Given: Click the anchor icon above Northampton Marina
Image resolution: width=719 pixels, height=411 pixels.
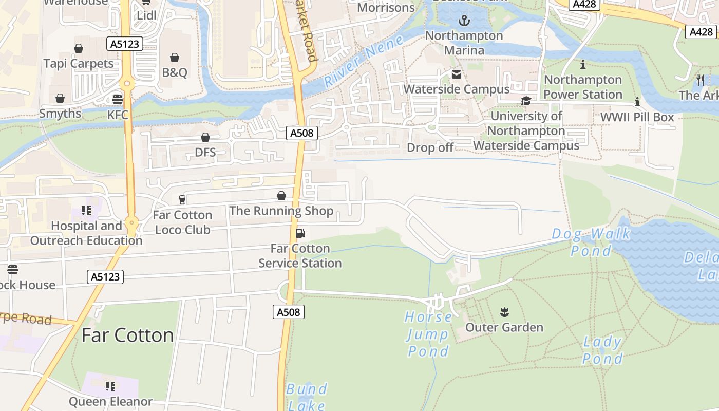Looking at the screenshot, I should [464, 21].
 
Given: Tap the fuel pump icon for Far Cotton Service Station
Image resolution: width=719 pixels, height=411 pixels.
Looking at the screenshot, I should [300, 233].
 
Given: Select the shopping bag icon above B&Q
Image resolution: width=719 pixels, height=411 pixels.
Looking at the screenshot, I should [175, 57].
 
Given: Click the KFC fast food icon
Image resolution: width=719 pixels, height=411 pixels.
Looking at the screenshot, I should [118, 99].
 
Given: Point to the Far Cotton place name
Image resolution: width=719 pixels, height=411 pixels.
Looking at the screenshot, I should [127, 335].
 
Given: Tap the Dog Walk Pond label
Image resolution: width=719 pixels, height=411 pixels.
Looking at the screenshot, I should [591, 242].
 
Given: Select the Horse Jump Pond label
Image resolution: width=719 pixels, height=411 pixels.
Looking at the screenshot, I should [428, 334].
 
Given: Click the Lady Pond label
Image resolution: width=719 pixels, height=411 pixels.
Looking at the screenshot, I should [603, 350].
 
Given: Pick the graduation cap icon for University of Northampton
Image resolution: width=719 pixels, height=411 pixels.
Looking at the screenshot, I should [526, 101].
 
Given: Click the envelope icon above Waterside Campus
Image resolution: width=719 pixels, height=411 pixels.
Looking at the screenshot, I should [457, 74].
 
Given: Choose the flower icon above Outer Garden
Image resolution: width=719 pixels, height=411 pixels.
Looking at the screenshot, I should [504, 312].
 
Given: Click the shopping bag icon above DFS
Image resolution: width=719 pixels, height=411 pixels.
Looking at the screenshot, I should [205, 137].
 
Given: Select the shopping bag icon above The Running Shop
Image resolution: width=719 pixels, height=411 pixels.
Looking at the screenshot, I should [281, 196].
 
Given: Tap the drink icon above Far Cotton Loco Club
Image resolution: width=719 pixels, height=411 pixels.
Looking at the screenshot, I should [182, 199].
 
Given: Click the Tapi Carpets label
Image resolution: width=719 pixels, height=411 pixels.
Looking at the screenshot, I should [79, 64].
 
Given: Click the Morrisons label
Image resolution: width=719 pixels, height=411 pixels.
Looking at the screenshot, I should [386, 7].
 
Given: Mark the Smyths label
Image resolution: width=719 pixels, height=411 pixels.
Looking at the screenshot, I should [60, 114].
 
